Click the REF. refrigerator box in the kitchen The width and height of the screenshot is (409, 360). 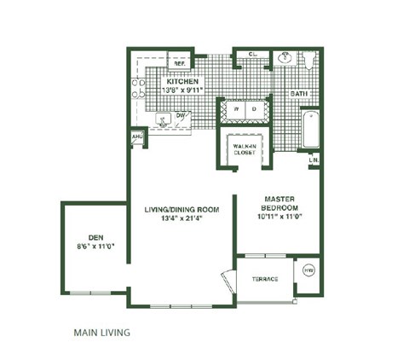180,61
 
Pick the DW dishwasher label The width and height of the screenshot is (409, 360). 181,116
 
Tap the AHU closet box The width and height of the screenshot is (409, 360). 136,136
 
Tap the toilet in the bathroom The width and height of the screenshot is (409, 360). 310,61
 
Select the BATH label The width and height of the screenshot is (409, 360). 298,93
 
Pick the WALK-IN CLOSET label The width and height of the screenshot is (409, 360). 245,149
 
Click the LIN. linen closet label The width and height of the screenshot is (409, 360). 314,159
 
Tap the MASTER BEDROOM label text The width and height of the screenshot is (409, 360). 279,202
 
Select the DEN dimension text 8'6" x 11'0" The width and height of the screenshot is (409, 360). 95,247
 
